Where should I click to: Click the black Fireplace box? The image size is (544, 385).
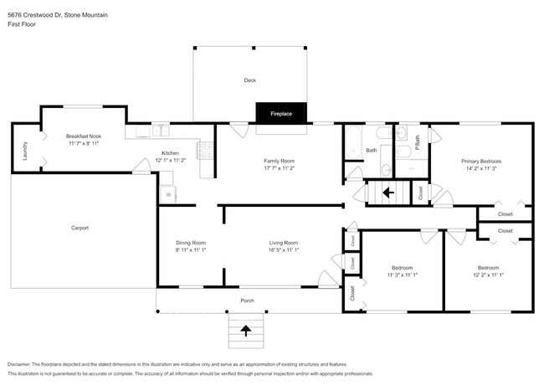coord(280,112)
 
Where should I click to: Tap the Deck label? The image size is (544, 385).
coord(249,80)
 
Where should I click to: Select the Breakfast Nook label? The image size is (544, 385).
coord(84,136)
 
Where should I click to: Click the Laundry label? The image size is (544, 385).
coord(25,150)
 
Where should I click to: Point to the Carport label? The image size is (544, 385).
coord(80,228)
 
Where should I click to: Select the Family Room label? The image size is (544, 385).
coord(280,161)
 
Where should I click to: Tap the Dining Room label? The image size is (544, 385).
coord(190,243)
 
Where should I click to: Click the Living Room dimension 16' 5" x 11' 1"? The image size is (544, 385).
coord(284,250)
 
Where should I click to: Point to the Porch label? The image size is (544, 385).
coord(247,300)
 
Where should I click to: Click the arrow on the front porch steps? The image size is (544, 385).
coord(246,331)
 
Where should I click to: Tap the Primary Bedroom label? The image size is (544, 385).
coord(480,161)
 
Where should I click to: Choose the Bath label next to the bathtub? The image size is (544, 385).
coord(371,151)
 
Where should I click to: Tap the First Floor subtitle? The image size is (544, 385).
coord(22,24)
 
